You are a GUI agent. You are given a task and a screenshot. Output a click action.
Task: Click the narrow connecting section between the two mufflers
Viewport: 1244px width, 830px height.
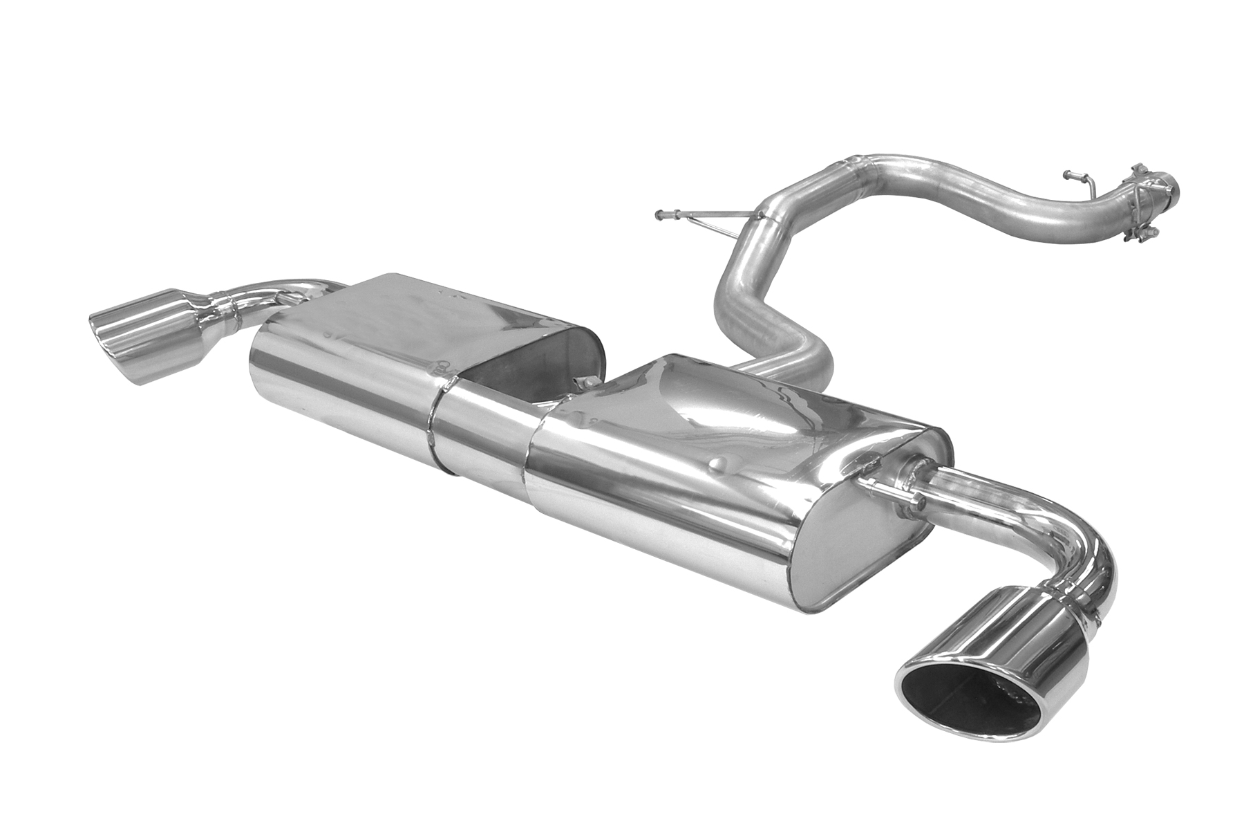pos(484,429)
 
